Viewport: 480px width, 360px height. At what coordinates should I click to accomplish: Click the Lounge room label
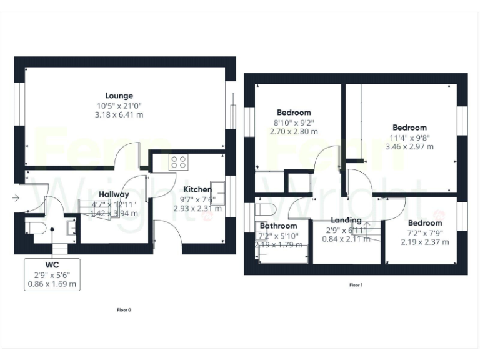click(119, 96)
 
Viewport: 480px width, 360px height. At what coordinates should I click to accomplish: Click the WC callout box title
click(52, 265)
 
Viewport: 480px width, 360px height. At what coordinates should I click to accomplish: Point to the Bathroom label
click(278, 226)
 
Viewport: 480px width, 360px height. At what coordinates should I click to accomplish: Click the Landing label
click(346, 220)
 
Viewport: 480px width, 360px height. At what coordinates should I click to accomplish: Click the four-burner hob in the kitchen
click(178, 162)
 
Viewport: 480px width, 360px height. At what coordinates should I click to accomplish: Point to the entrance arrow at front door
click(15, 199)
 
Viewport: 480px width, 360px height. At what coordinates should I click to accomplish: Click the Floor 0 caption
click(124, 309)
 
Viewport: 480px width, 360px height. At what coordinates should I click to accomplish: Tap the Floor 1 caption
click(356, 285)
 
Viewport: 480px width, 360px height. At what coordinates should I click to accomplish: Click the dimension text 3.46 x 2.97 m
click(409, 146)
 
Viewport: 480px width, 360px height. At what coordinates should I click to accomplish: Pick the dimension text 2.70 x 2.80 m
click(294, 132)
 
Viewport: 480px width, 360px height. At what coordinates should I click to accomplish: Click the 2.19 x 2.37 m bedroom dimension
click(424, 242)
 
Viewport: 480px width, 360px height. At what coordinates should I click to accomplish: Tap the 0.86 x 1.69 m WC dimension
click(52, 284)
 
